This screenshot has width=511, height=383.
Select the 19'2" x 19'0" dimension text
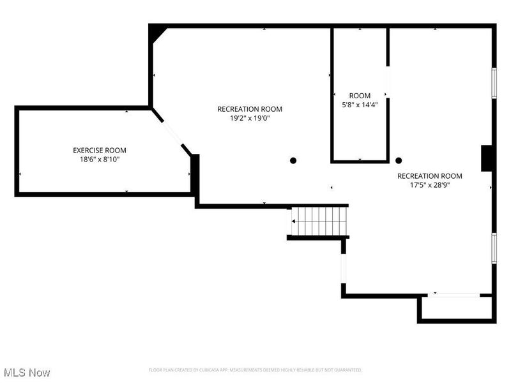point(250,118)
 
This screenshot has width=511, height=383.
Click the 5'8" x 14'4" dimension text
point(360,105)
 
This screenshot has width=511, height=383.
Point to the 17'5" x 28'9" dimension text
point(429,186)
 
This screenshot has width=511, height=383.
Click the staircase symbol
point(319,221)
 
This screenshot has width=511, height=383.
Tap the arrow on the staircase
point(294,221)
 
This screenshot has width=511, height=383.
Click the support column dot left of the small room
point(293,160)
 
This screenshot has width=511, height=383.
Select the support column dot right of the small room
point(399,161)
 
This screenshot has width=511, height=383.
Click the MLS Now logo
point(26,372)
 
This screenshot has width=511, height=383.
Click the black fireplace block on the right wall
point(486,158)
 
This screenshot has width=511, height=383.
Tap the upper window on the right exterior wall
point(494,83)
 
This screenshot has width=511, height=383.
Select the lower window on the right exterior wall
point(494,247)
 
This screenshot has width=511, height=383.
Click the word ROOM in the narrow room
point(360,96)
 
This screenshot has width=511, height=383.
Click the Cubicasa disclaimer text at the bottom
point(256,370)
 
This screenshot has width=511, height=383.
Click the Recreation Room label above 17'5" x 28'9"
point(429,176)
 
